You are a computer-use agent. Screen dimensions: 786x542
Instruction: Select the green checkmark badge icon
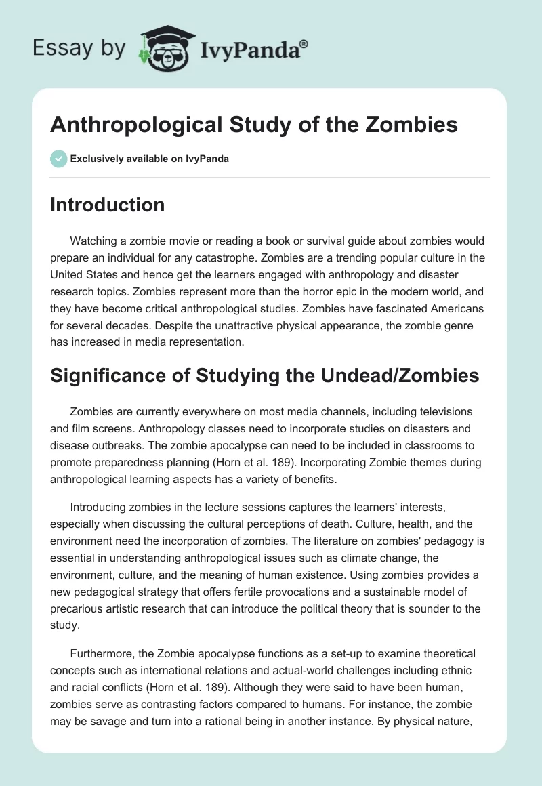[58, 159]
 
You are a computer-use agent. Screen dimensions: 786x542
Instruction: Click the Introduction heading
[107, 205]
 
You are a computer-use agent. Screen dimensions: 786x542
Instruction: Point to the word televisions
[434, 411]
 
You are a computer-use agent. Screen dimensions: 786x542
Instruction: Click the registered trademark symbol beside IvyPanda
[304, 44]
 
